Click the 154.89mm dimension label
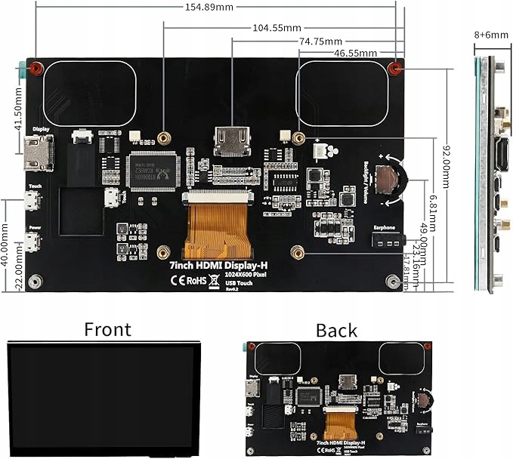[x=211, y=7]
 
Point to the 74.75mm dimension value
[x=320, y=41]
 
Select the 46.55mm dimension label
[x=356, y=54]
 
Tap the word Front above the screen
[x=107, y=329]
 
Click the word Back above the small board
[x=337, y=330]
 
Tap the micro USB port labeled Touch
[x=32, y=202]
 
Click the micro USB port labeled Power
[x=32, y=242]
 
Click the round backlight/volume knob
[x=388, y=180]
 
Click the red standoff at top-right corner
[x=394, y=69]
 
